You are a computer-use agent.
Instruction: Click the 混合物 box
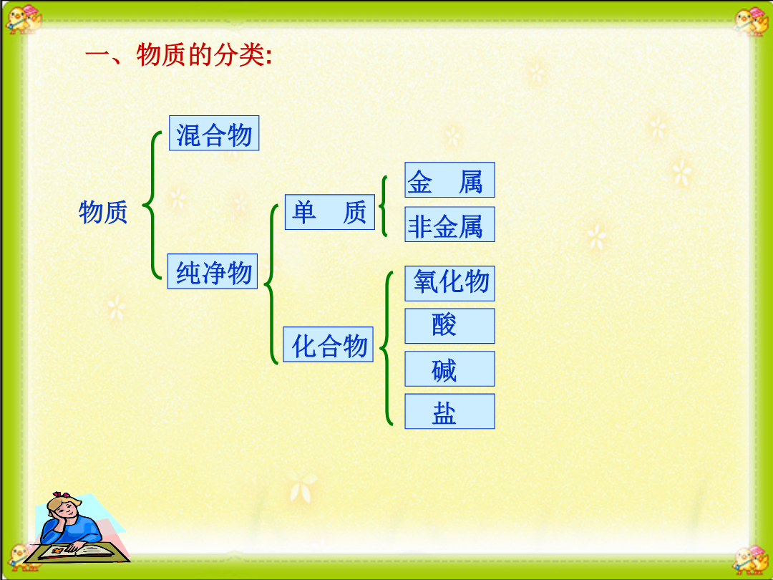[x=214, y=133]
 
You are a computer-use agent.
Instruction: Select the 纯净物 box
[x=213, y=271]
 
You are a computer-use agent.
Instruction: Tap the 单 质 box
[x=330, y=212]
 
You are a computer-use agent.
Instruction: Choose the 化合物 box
[x=329, y=344]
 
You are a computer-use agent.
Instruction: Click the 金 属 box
[x=449, y=180]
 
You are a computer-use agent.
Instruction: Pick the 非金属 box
[x=449, y=224]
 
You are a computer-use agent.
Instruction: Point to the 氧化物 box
[x=449, y=284]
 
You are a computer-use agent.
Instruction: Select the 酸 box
[x=449, y=326]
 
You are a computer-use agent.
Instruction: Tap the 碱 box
[x=449, y=369]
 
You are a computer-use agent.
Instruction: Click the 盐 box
[x=449, y=411]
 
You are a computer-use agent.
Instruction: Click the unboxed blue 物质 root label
[x=103, y=213]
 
